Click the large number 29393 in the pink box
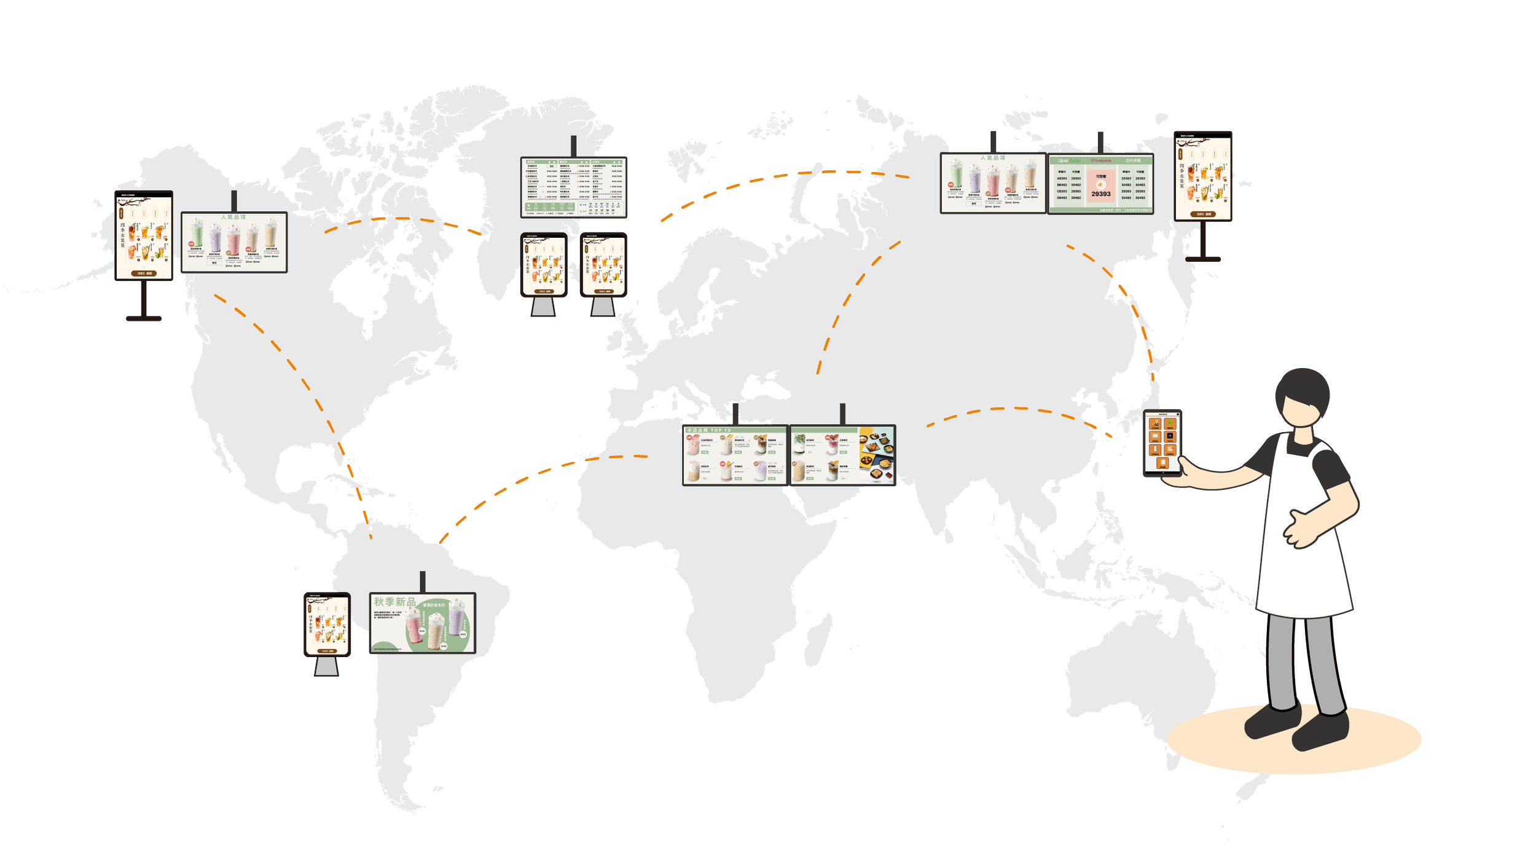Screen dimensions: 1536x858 pos(1100,194)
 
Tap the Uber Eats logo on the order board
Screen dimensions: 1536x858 pos(1068,161)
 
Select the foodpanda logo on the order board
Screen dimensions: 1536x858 pos(1101,161)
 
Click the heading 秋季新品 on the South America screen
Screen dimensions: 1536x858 pos(394,602)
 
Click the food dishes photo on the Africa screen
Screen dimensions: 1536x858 pos(877,455)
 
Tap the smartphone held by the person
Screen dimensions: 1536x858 pos(1162,442)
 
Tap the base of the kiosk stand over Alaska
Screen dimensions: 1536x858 pos(143,318)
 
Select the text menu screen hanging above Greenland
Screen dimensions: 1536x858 pos(574,187)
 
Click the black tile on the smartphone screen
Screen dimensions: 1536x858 pos(1170,436)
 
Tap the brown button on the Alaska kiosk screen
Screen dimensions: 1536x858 pos(143,274)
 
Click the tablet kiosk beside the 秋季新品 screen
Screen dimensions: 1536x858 pos(327,625)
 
